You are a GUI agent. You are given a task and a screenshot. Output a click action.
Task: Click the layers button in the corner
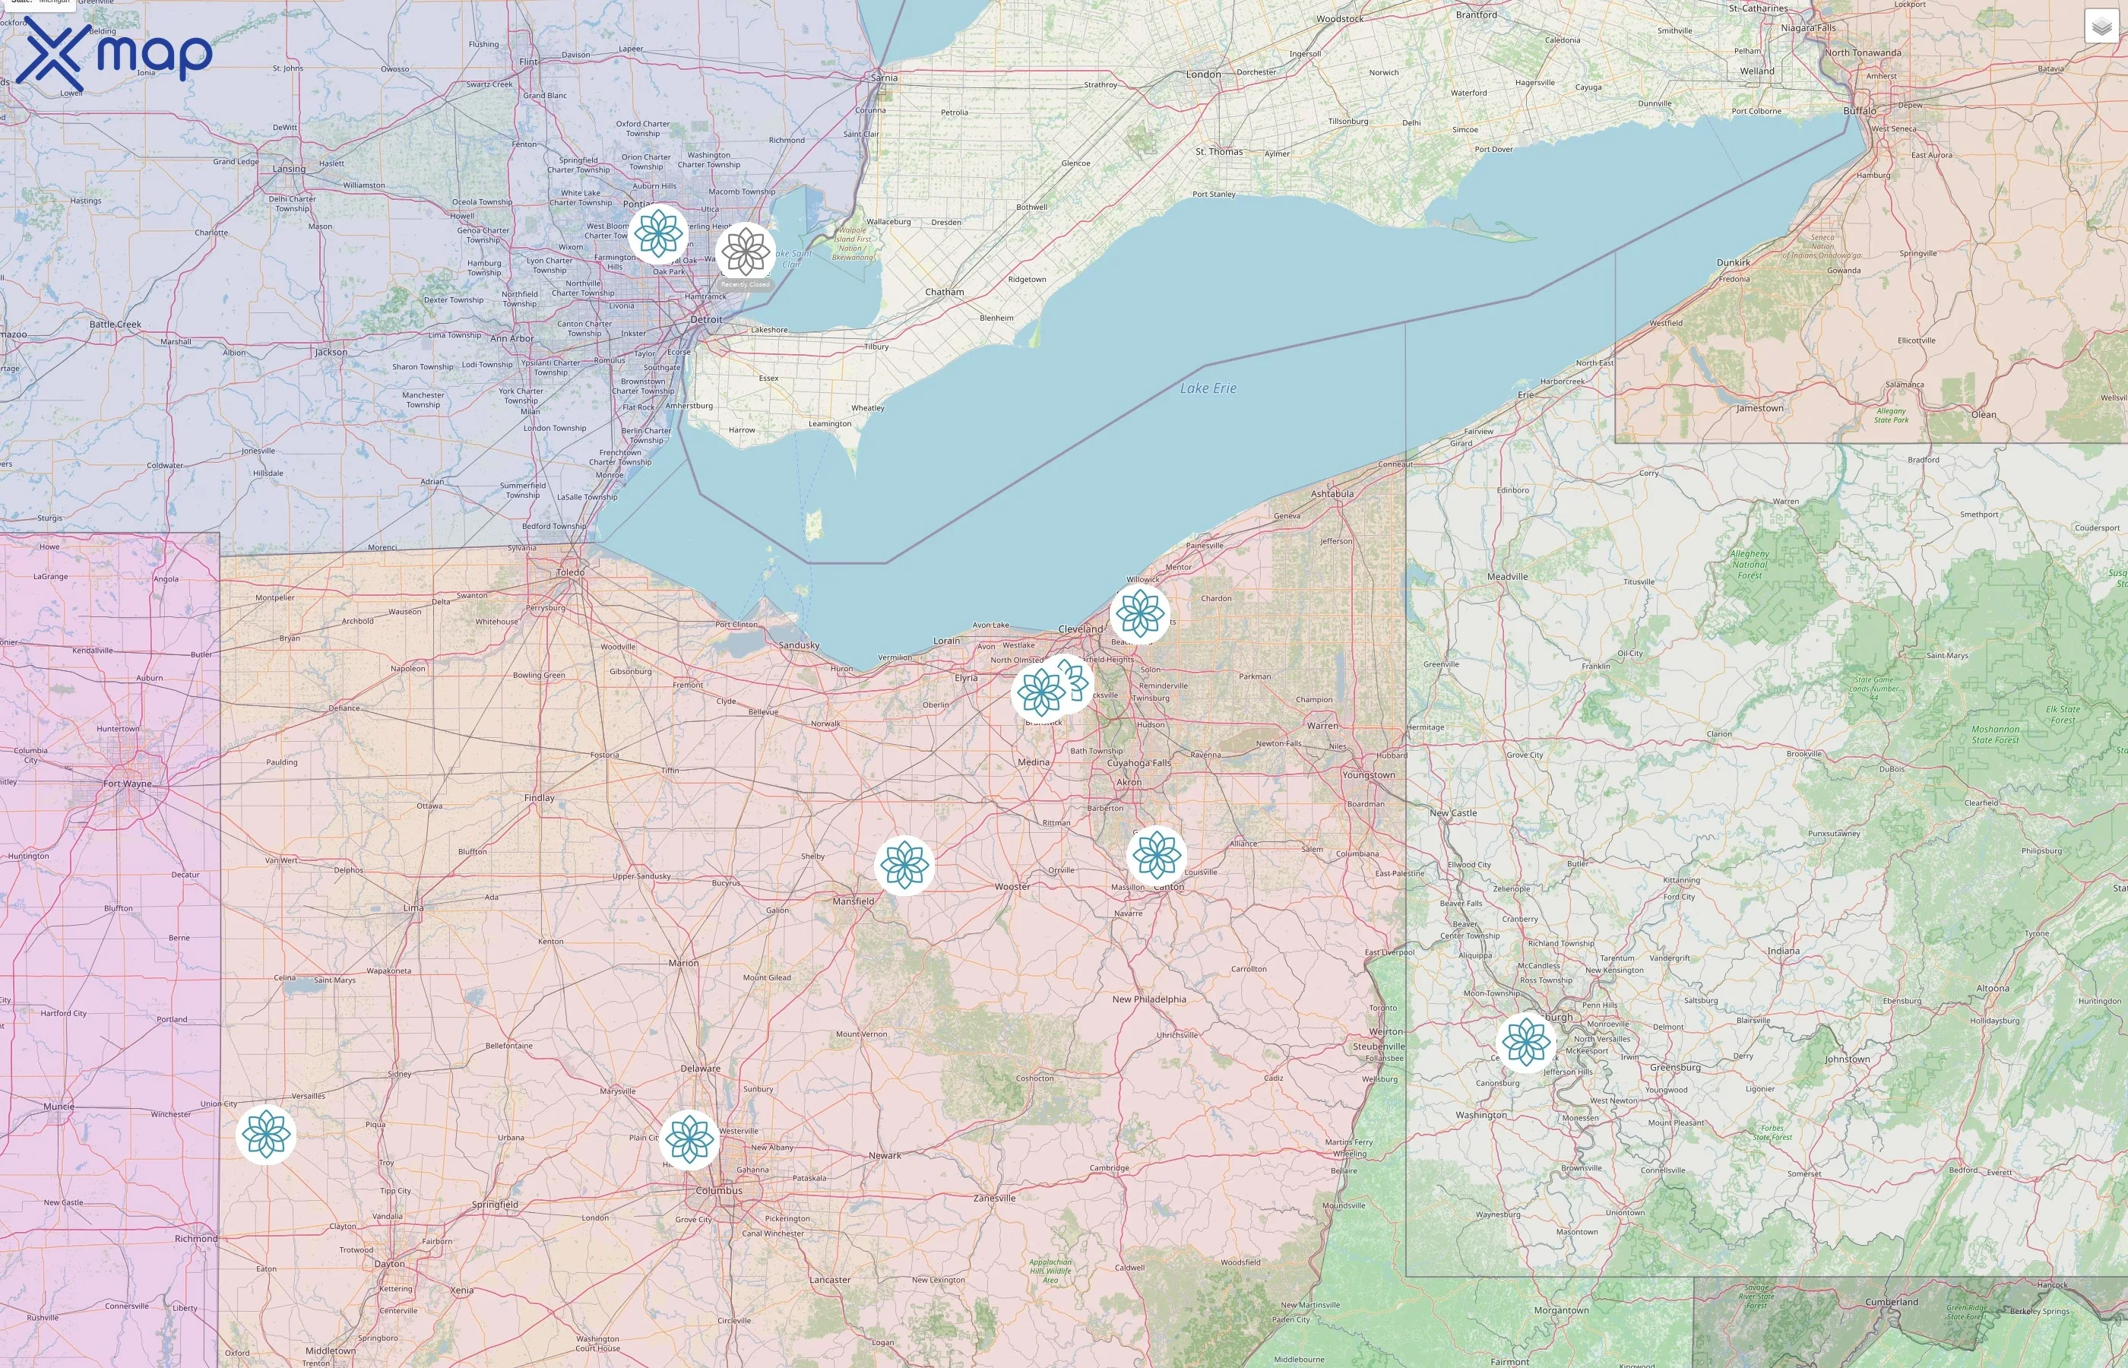(2101, 27)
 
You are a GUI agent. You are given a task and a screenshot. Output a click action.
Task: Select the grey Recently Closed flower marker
(745, 252)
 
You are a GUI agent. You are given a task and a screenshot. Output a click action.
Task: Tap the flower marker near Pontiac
(658, 233)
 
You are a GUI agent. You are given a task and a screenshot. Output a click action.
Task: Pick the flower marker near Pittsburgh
(1525, 1042)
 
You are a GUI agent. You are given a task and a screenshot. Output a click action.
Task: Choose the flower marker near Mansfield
(904, 864)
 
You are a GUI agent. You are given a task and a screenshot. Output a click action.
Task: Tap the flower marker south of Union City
(265, 1135)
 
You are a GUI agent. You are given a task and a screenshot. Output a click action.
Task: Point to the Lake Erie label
(1208, 388)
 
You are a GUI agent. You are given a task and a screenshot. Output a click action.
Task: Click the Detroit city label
(706, 320)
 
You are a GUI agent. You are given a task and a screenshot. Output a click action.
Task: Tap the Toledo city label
(570, 572)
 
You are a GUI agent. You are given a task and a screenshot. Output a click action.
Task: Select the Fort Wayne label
(127, 784)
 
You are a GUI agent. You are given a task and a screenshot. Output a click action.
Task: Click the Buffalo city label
(1859, 111)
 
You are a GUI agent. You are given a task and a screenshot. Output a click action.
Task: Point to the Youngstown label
(1368, 774)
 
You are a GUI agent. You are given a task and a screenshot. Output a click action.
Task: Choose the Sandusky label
(799, 645)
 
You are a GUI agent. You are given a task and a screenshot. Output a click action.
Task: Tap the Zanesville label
(994, 1198)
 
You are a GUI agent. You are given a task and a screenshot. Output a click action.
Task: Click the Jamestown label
(1759, 409)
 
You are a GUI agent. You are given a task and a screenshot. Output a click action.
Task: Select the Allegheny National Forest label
(1749, 564)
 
